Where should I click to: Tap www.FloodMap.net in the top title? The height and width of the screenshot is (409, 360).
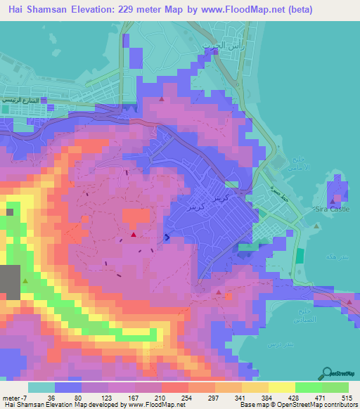(x=239, y=8)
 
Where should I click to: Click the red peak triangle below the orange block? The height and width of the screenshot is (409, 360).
(x=133, y=234)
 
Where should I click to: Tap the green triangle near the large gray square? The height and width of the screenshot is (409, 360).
(x=26, y=281)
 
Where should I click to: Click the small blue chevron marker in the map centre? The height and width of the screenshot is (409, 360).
(x=167, y=237)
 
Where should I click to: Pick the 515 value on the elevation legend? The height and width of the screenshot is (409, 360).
(x=343, y=396)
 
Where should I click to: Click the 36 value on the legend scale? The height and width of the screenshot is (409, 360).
(x=51, y=396)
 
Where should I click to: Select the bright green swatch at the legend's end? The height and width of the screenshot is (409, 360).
(x=335, y=387)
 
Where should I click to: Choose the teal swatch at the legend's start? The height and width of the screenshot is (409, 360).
(x=41, y=387)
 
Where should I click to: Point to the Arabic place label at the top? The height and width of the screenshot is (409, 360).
(x=217, y=45)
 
